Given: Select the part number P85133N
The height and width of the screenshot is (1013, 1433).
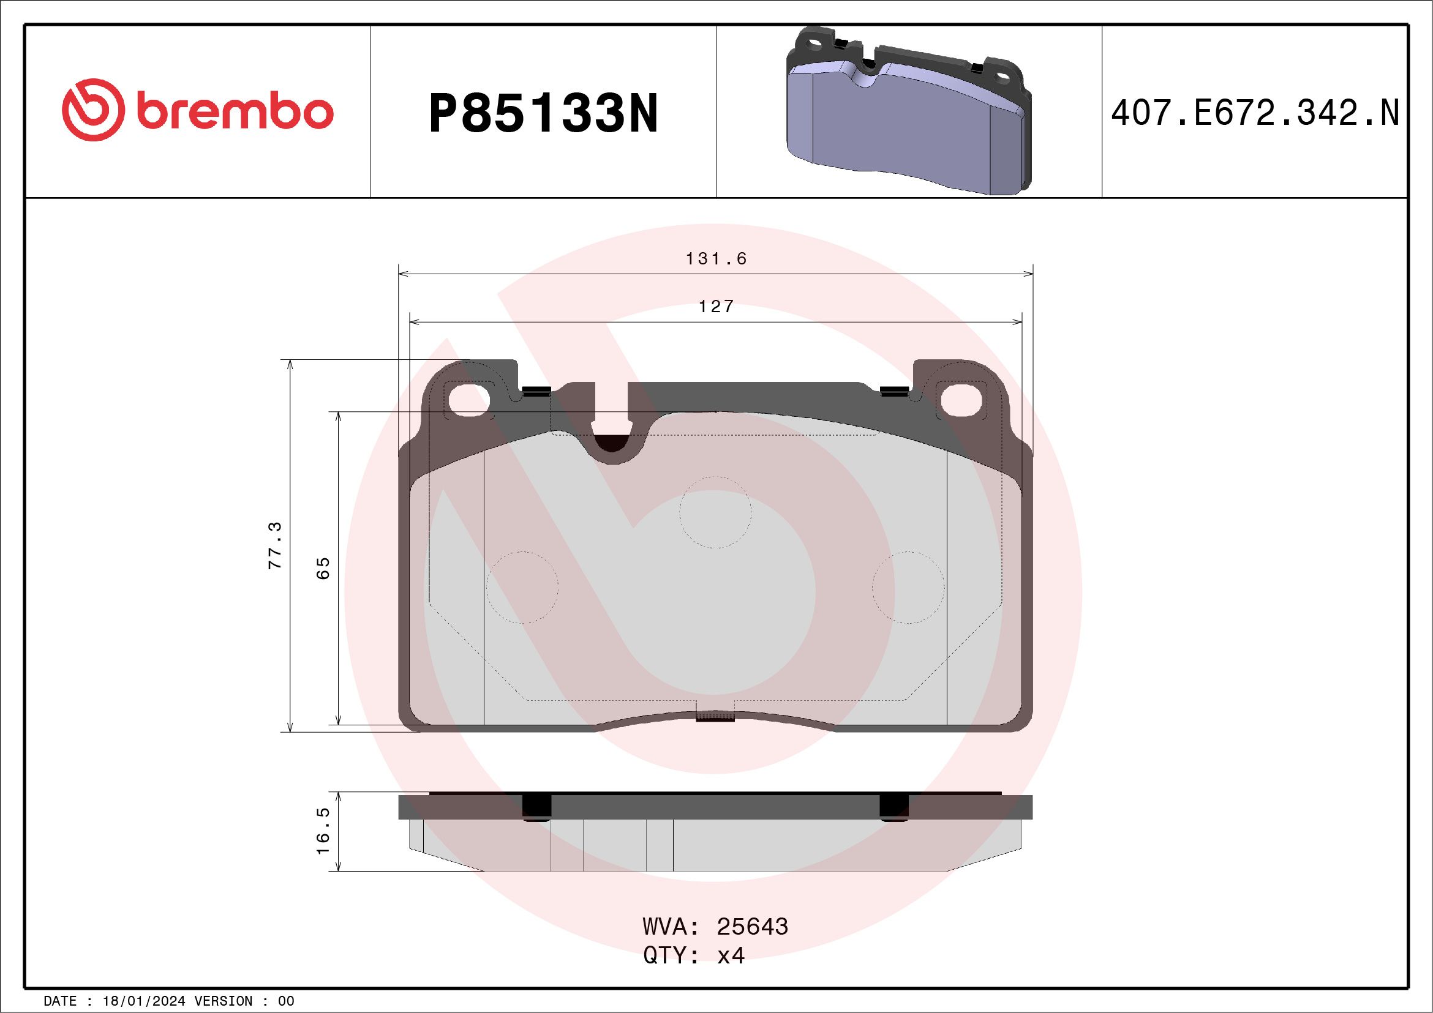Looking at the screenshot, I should point(543,114).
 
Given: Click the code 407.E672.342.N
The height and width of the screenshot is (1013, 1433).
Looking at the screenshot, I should point(1255,113).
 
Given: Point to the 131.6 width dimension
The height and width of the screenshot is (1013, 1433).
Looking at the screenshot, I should point(716,259).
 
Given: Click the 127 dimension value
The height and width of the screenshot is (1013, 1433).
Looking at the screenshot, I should point(716,307).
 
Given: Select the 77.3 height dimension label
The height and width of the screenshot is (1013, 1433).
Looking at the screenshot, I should point(275,545).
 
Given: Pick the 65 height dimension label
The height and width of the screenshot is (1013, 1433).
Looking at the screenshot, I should point(323,568).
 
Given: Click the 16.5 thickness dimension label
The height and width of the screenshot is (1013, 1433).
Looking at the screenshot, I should point(323,832).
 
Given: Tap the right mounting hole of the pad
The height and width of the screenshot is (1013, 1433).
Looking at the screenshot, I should point(961,400).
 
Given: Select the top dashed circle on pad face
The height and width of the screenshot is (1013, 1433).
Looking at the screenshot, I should point(715,513).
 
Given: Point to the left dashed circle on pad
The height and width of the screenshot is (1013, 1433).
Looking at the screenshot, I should point(522,588).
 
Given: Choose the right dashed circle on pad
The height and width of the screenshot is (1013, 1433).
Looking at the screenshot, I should point(908,588).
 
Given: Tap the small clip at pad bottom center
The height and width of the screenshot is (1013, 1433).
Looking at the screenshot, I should point(715,717).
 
